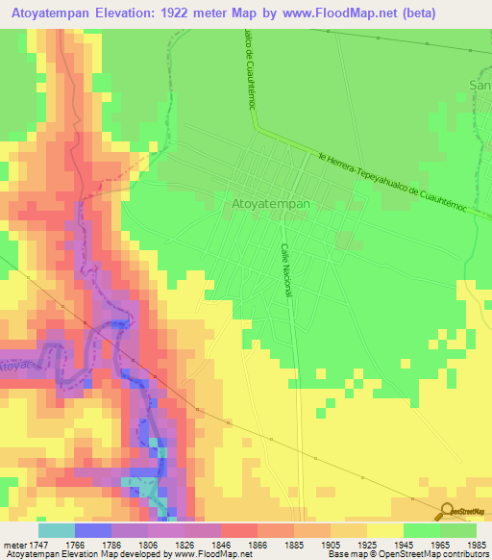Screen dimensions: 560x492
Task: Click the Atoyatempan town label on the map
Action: coord(272,205)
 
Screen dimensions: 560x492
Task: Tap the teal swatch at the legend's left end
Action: coord(56,530)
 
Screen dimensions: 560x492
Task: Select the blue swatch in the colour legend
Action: coord(92,530)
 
